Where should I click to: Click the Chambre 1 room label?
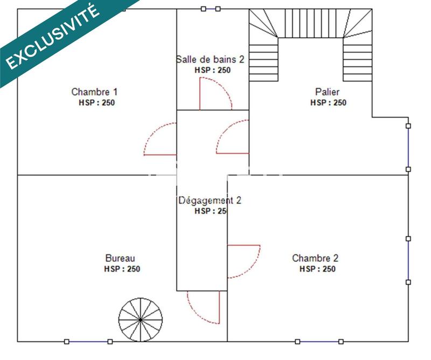pyautogui.click(x=94, y=92)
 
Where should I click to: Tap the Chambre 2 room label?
pyautogui.click(x=315, y=258)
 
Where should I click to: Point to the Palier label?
pyautogui.click(x=327, y=92)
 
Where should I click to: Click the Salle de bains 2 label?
pyautogui.click(x=210, y=59)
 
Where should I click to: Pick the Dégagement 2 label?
pyautogui.click(x=210, y=200)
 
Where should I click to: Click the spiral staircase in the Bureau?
pyautogui.click(x=140, y=320)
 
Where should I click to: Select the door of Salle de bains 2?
pyautogui.click(x=214, y=94)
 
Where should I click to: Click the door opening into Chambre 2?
pyautogui.click(x=243, y=261)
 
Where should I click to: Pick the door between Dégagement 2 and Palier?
pyautogui.click(x=233, y=139)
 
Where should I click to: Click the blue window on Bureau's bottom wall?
pyautogui.click(x=88, y=342)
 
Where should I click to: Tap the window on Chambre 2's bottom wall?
pyautogui.click(x=319, y=342)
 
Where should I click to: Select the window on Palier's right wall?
pyautogui.click(x=408, y=147)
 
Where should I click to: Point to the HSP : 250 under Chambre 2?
pyautogui.click(x=318, y=269)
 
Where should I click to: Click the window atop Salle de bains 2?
pyautogui.click(x=211, y=9)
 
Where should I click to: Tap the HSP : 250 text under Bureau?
pyautogui.click(x=122, y=269)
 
